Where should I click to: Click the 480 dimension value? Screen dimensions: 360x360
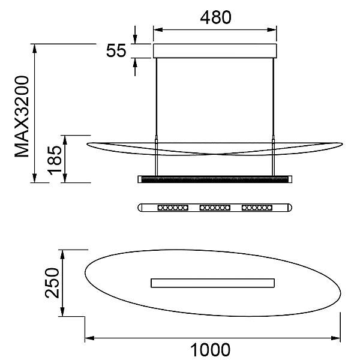tap(215, 17)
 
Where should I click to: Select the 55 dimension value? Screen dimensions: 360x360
tap(116, 50)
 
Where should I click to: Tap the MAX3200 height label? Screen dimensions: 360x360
tap(22, 116)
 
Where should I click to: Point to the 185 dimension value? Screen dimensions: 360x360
tap(55, 160)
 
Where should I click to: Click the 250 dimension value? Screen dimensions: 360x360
tap(52, 283)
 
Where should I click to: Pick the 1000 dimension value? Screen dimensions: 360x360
tap(210, 350)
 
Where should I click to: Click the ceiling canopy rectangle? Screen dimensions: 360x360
tap(215, 51)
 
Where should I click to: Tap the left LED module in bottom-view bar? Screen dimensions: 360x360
tap(173, 208)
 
